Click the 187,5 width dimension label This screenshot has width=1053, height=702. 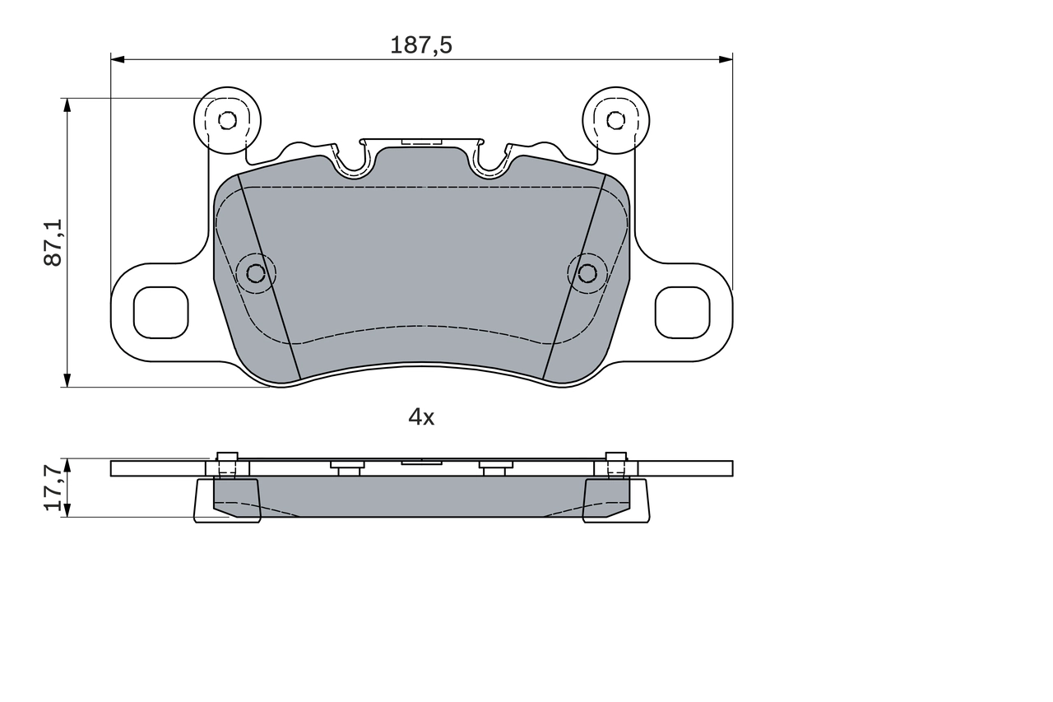pos(421,45)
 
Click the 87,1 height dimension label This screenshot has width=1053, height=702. pos(53,242)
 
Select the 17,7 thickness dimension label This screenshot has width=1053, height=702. pos(53,487)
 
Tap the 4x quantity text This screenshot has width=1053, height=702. pos(421,417)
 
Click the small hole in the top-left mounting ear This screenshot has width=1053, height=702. pos(227,120)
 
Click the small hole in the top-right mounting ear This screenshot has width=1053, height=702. pos(615,120)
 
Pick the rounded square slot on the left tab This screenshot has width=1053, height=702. pos(161,312)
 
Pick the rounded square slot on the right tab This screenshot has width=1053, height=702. pos(682,312)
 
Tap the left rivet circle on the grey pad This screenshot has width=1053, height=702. pos(256,272)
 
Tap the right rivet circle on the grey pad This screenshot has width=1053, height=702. pos(587,272)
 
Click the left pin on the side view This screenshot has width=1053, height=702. pos(227,466)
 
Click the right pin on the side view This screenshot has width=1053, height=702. pos(616,466)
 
